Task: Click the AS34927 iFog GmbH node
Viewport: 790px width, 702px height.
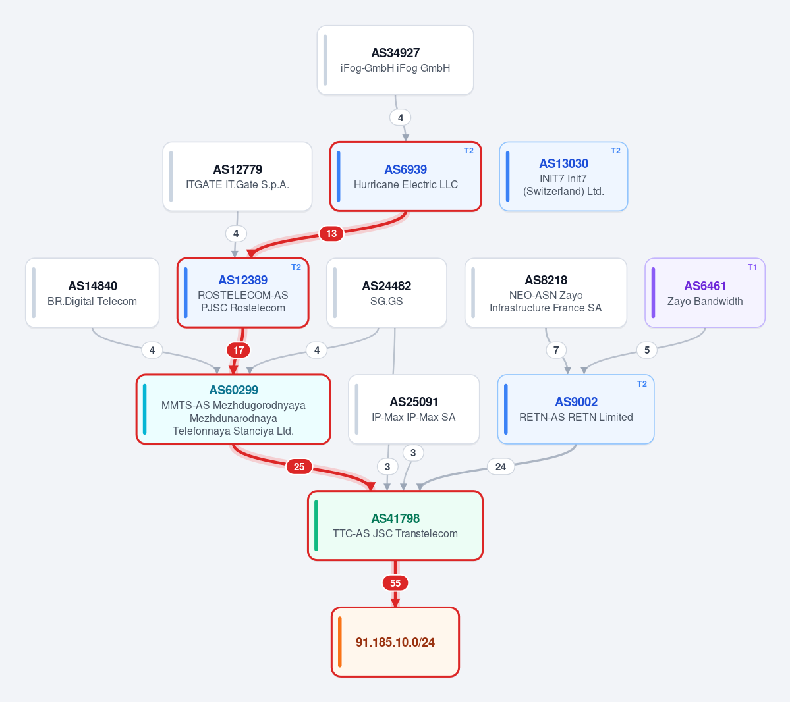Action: [395, 60]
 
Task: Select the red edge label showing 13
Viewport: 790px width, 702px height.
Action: [331, 234]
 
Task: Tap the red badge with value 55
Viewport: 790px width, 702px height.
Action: [395, 583]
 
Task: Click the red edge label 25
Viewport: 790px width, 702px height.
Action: [299, 467]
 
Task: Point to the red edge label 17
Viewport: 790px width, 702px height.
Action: [239, 350]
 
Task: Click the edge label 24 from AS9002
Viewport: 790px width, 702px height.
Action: [500, 467]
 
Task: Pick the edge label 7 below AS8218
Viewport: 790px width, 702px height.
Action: [556, 350]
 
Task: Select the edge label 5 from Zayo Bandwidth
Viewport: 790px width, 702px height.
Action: [647, 350]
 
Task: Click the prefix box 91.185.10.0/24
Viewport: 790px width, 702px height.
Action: [395, 642]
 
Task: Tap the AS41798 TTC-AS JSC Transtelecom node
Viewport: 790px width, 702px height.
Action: [395, 526]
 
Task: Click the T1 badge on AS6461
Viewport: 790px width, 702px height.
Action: [752, 267]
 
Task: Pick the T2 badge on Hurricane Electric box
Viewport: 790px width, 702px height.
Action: [468, 151]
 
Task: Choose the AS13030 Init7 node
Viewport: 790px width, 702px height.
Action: [563, 176]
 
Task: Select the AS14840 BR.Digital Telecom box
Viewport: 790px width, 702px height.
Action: [92, 292]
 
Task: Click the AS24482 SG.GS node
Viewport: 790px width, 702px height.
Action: [387, 292]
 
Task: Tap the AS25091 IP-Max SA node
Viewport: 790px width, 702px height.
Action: [414, 410]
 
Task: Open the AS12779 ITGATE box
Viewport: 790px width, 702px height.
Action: [237, 176]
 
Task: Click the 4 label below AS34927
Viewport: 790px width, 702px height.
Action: [401, 118]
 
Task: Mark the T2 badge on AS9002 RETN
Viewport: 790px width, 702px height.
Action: [642, 384]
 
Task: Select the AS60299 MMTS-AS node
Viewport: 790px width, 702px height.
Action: [233, 410]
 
